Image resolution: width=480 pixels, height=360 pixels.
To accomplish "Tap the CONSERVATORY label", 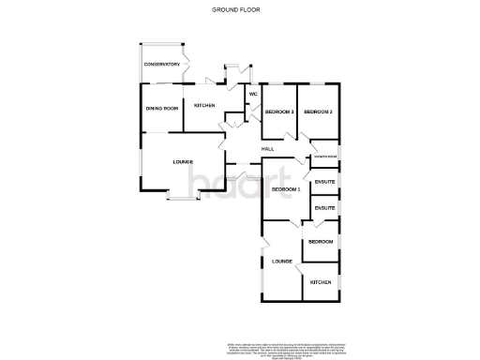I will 161,64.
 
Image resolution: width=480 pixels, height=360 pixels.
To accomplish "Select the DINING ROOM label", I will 161,109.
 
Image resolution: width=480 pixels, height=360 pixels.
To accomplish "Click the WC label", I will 252,96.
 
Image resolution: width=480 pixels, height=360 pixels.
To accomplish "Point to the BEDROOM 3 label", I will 278,112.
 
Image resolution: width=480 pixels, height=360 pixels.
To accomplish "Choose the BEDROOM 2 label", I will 318,112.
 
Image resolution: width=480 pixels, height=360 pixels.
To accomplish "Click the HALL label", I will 267,149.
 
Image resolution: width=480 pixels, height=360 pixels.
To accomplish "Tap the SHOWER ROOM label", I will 325,156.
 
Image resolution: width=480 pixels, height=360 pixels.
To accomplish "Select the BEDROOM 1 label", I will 285,189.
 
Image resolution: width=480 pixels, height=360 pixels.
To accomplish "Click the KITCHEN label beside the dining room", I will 205,106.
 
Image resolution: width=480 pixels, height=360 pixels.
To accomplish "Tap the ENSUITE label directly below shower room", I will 324,181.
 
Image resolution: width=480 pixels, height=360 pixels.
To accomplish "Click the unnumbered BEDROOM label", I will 321,242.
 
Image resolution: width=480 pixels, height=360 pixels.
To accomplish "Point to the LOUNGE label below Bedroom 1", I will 282,261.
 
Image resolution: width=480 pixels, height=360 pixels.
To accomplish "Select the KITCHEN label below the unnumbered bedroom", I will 321,281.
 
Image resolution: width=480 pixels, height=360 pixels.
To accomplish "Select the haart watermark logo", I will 225,179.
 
